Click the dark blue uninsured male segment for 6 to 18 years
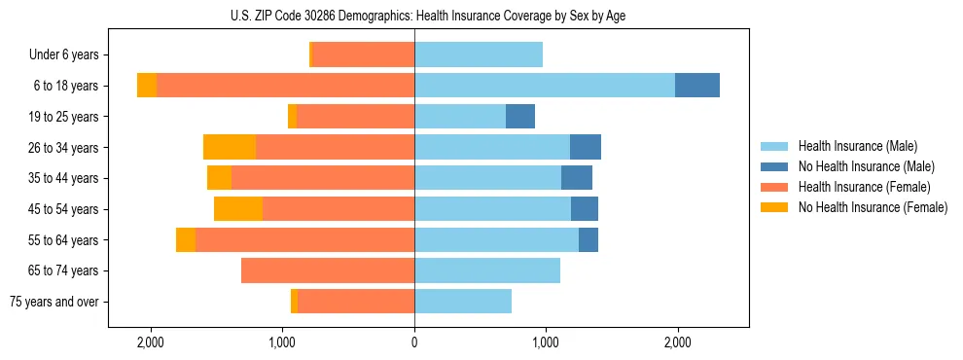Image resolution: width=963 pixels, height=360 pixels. (697, 86)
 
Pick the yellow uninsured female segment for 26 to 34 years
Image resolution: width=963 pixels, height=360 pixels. (230, 147)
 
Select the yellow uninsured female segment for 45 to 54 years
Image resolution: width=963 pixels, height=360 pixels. (238, 208)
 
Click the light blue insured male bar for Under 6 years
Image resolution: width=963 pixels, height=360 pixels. (479, 54)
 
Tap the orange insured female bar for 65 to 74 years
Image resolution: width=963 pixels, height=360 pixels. (328, 270)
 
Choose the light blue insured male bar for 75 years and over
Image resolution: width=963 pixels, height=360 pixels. (463, 302)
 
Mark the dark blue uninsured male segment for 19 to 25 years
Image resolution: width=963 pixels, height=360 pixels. (520, 116)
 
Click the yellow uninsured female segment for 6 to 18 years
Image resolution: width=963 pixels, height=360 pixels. (147, 86)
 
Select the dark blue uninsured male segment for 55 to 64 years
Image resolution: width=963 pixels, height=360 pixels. (588, 239)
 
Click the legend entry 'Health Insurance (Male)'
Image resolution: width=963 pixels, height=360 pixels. (857, 146)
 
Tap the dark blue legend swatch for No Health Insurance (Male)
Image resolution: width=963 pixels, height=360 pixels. (775, 166)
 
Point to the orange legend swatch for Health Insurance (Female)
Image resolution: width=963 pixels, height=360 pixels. (775, 187)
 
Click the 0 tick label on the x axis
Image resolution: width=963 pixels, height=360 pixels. (414, 342)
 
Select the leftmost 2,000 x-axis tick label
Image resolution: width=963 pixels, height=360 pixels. (151, 342)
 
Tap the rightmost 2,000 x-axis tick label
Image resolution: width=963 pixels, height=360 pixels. (677, 342)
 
